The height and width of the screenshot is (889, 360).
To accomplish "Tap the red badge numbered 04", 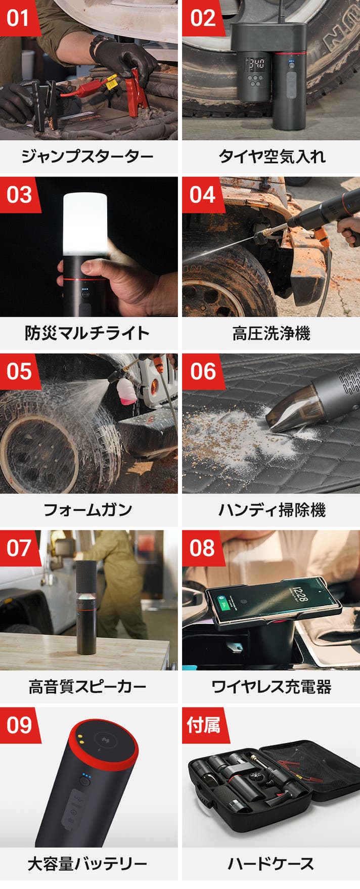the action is point(202,194).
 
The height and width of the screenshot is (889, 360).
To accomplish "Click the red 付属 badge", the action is point(203,725).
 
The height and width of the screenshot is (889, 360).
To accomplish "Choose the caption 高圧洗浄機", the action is point(272,333).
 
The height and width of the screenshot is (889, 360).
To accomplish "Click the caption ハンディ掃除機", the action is point(272,510).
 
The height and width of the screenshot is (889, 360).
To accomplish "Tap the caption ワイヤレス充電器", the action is point(272,687).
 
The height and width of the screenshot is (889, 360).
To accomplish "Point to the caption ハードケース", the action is point(272,863).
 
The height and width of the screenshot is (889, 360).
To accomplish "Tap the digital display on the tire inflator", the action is point(255,64).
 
